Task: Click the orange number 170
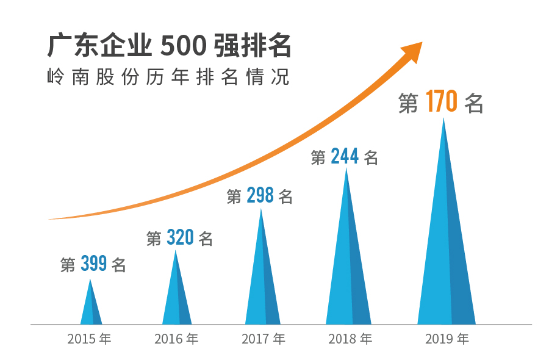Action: point(442,102)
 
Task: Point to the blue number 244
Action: point(344,157)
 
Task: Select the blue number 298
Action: point(260,196)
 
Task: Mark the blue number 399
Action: point(93,264)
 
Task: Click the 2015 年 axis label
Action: point(89,339)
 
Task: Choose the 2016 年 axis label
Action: point(176,339)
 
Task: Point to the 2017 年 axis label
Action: point(263,339)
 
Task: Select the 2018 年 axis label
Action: point(350,339)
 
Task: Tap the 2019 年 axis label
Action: point(447,339)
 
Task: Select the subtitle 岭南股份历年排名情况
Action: point(168,78)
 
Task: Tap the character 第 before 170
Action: point(408,103)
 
